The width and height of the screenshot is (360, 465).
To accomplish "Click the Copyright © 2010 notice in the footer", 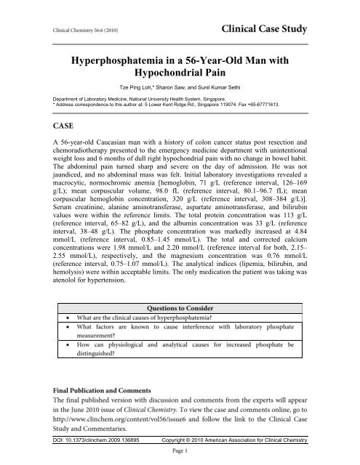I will coord(233,440).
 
